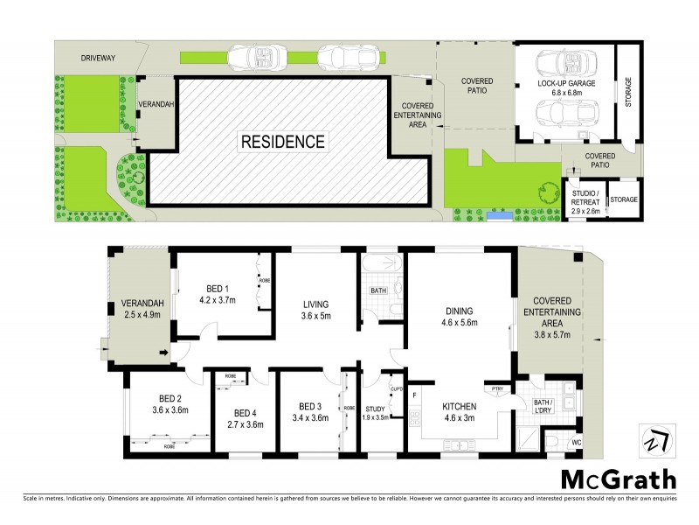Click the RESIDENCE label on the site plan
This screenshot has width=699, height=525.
tap(282, 141)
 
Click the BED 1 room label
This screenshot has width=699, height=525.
tap(218, 289)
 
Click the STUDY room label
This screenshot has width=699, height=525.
tap(375, 408)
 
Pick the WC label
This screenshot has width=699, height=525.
tap(577, 444)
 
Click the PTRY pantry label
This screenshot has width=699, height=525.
tap(497, 389)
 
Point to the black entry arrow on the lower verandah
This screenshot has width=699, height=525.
tap(164, 353)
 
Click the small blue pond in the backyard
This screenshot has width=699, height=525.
tap(499, 213)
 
